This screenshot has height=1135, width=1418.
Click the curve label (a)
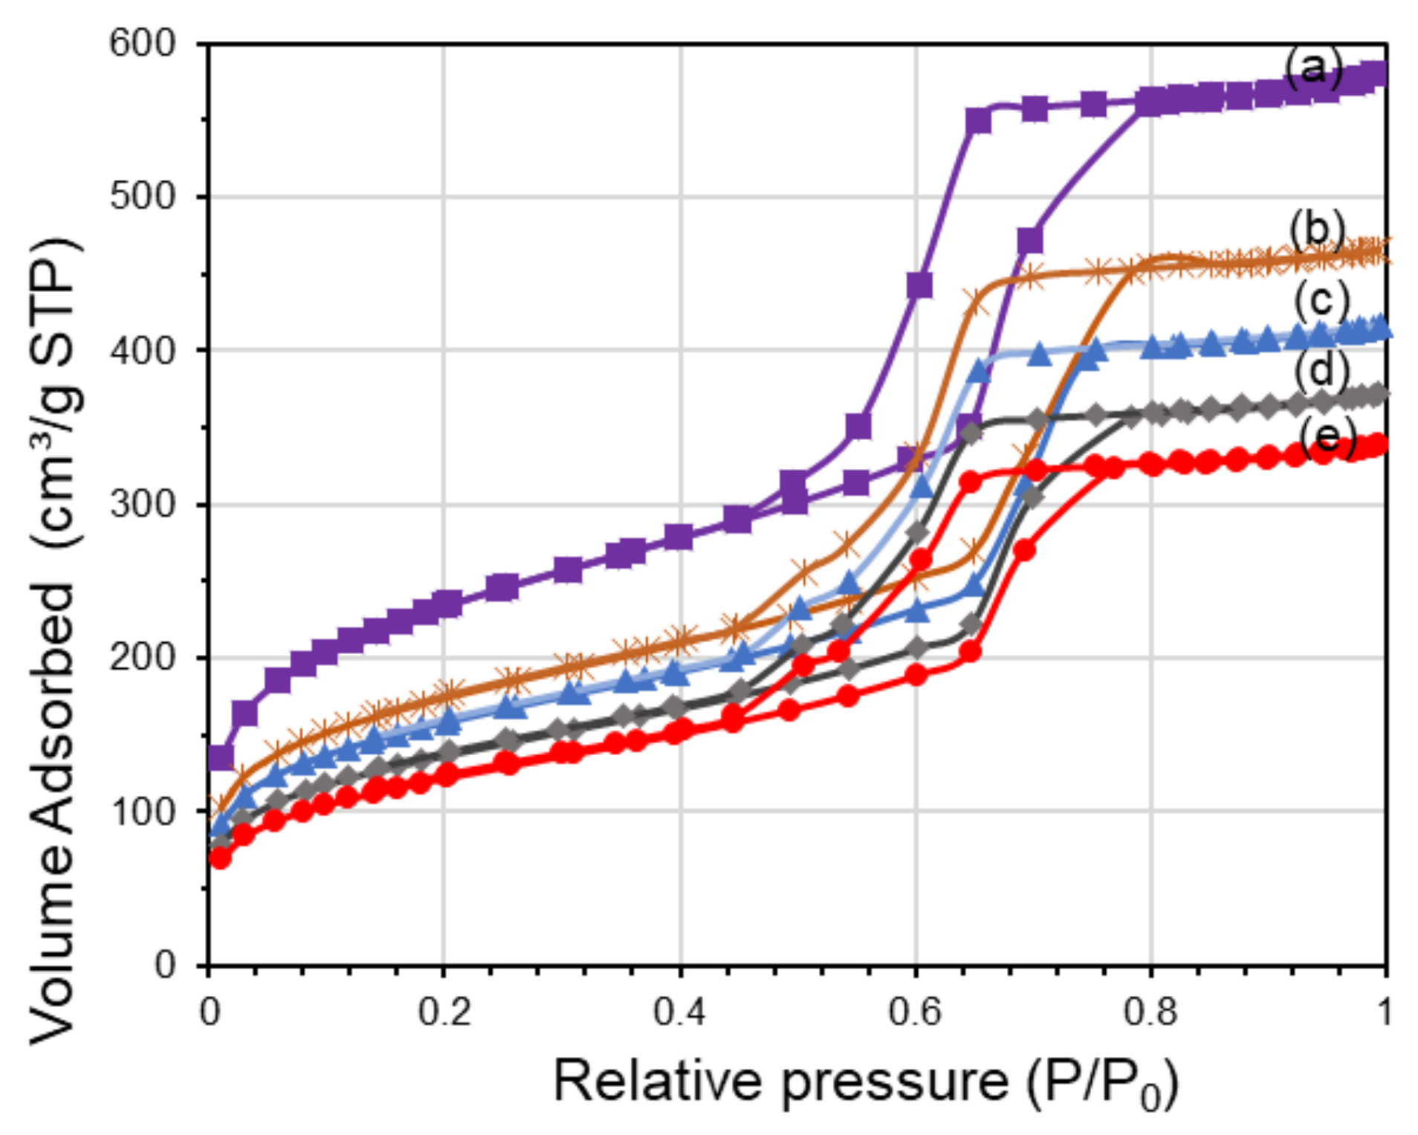point(1313,68)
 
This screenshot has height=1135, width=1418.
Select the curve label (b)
point(1316,230)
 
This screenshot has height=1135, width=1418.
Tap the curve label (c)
point(1321,300)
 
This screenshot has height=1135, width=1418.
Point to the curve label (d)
point(1321,369)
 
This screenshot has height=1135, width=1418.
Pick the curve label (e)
point(1327,436)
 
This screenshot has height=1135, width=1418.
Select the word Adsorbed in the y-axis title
point(54,714)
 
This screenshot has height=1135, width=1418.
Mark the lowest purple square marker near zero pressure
point(221,758)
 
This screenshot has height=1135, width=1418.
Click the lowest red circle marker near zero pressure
point(220,858)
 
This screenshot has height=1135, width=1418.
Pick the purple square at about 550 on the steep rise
point(978,120)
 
